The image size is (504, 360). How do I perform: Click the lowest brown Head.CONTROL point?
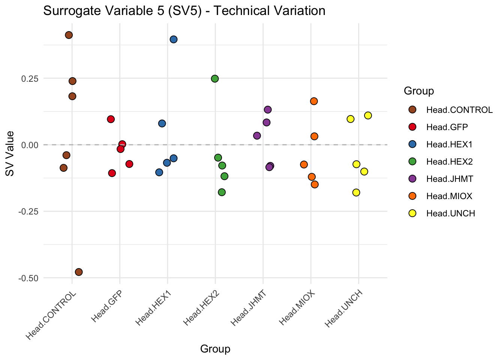pyautogui.click(x=79, y=272)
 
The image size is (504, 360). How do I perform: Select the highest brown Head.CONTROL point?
pyautogui.click(x=69, y=35)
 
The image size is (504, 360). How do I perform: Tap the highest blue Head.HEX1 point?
pyautogui.click(x=174, y=39)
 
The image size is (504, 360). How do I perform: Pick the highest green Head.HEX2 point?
pyautogui.click(x=215, y=79)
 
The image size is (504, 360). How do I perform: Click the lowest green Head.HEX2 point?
pyautogui.click(x=222, y=192)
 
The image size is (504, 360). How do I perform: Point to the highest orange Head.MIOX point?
pyautogui.click(x=314, y=101)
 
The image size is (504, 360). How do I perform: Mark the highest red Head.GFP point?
pyautogui.click(x=111, y=119)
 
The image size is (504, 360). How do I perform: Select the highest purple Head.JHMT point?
pyautogui.click(x=268, y=109)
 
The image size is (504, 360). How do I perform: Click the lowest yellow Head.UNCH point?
pyautogui.click(x=356, y=192)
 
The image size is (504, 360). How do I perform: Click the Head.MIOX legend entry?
pyautogui.click(x=449, y=196)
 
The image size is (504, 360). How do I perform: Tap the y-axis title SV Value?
pyautogui.click(x=10, y=153)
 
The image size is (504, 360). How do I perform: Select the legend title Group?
pyautogui.click(x=419, y=91)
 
